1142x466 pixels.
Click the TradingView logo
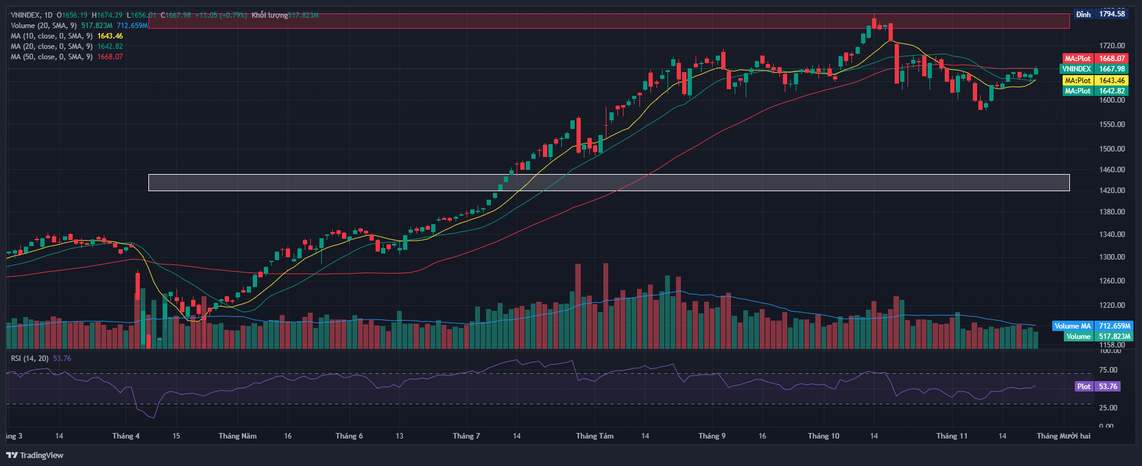tap(35, 455)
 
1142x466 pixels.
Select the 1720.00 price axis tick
tap(1111, 46)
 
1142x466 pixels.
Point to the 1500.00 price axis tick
tap(1111, 148)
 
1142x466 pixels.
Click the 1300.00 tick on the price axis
tap(1111, 257)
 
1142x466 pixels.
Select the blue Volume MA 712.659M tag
tap(1092, 326)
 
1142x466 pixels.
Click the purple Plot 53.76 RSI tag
tap(1097, 387)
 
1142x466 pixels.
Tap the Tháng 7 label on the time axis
tap(466, 436)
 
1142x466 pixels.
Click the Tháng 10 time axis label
tap(823, 436)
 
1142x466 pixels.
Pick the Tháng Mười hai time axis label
tap(1063, 436)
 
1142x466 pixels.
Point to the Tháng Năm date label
tap(238, 436)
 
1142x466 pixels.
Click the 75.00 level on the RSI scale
tap(1108, 370)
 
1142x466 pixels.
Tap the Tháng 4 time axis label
tap(126, 436)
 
